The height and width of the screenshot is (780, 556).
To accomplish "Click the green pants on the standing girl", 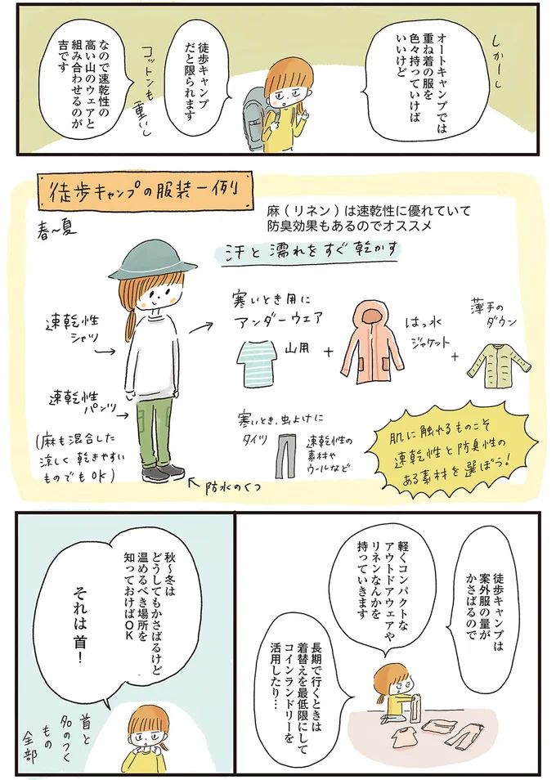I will (x=155, y=429).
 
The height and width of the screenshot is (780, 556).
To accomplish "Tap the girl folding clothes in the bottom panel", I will (x=397, y=695).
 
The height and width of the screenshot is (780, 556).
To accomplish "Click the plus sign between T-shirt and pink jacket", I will (x=328, y=352).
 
